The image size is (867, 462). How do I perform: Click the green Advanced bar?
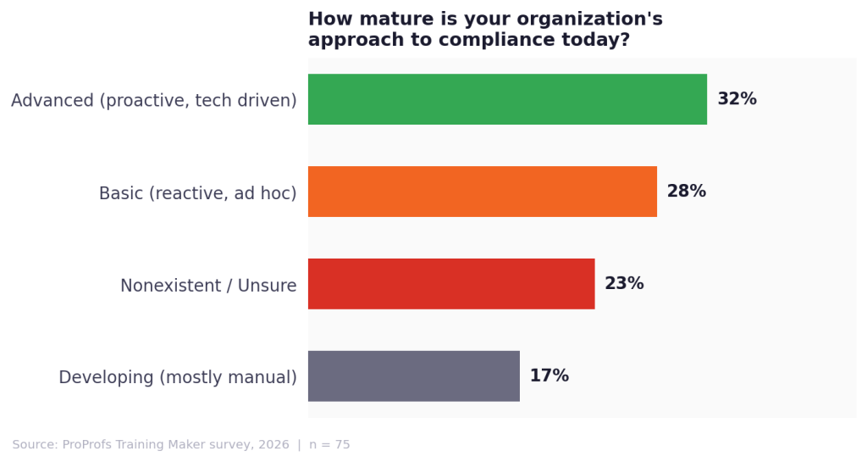(x=507, y=99)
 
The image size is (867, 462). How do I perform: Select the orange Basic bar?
(x=482, y=192)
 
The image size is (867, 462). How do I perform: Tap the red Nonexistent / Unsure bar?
(x=450, y=284)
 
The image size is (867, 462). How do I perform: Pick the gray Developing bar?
(x=413, y=376)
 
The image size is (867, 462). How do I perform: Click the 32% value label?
(x=737, y=99)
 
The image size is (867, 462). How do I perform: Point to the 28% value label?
(x=686, y=192)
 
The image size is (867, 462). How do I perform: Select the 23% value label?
(x=624, y=284)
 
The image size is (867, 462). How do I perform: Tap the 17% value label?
(x=549, y=376)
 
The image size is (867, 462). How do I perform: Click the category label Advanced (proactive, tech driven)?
(x=153, y=101)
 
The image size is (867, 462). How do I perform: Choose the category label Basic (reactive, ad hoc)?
(x=197, y=193)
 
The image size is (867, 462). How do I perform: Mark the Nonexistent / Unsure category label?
(x=208, y=286)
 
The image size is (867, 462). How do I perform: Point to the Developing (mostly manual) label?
(x=178, y=378)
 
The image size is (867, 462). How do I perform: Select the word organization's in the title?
(x=594, y=19)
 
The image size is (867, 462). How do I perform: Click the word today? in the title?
(x=600, y=40)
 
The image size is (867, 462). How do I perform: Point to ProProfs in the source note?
(x=91, y=445)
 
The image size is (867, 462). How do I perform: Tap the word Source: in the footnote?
(x=35, y=445)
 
